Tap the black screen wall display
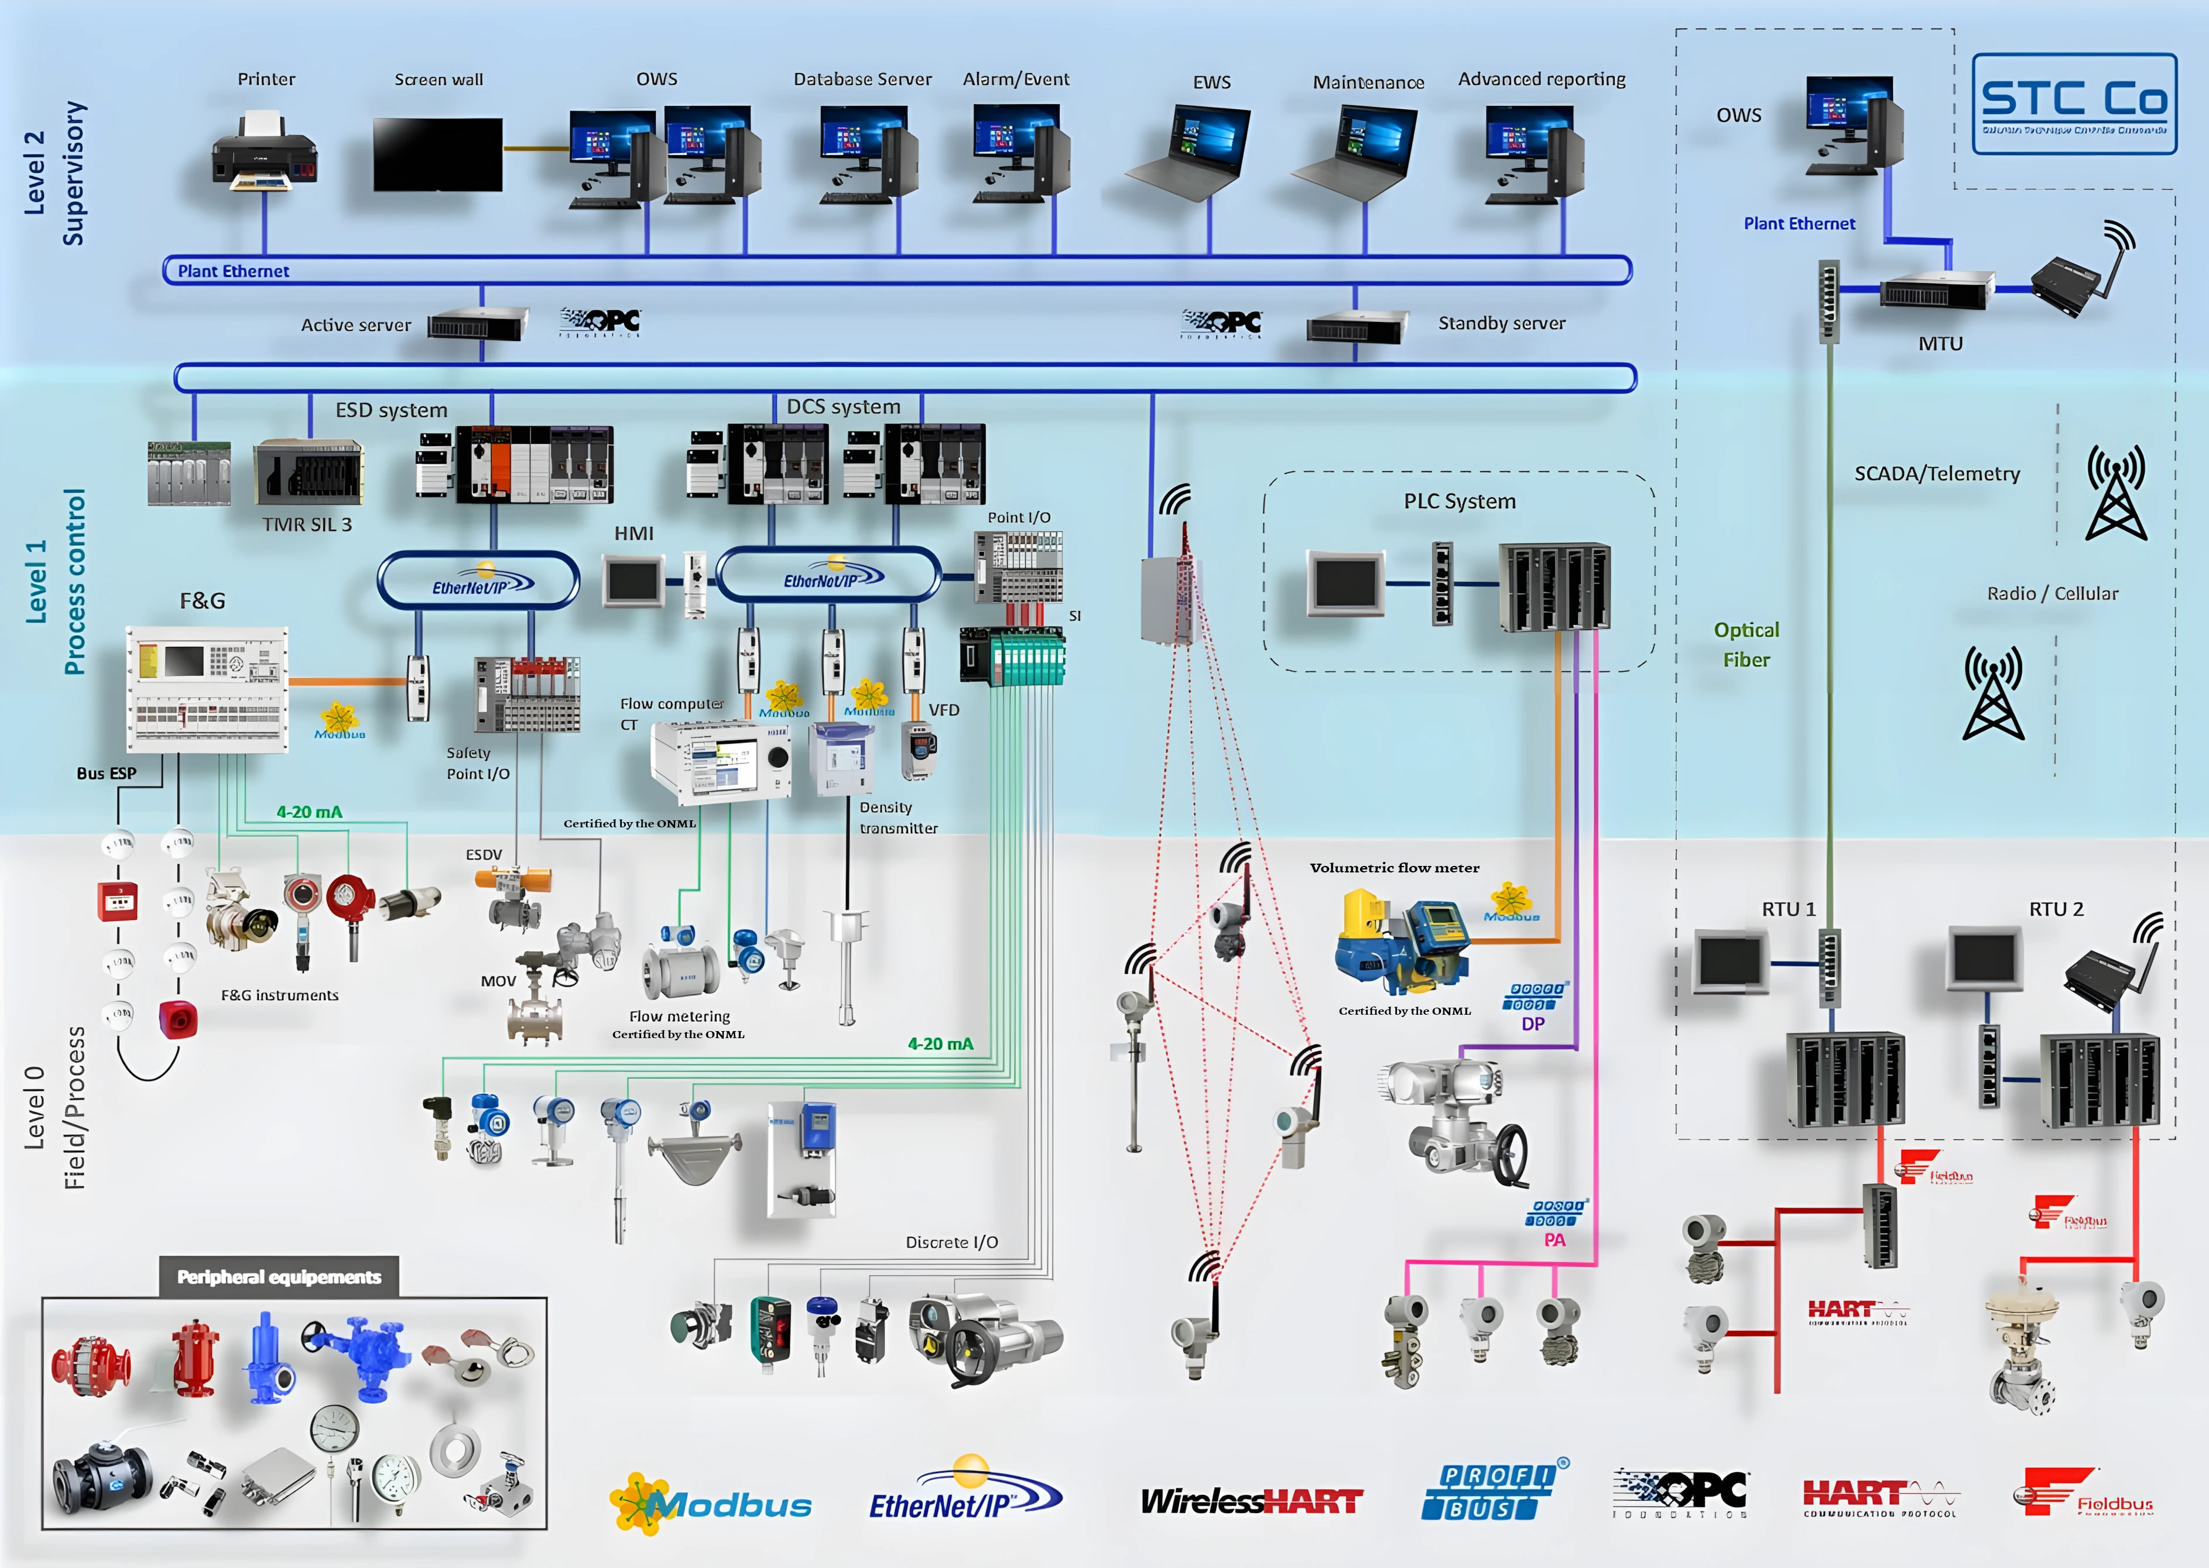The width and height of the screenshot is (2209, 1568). coord(437,155)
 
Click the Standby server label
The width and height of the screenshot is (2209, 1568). coord(1501,323)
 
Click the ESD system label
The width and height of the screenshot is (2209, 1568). coord(391,410)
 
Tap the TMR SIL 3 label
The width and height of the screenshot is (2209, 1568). coord(307,524)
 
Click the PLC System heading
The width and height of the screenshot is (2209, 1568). coord(1459,501)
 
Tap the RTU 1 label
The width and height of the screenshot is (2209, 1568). coord(1788,909)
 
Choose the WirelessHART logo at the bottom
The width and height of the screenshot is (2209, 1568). coord(1251,1501)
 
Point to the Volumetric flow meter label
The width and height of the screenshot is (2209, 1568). coord(1394,868)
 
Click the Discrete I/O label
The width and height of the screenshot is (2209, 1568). coord(951,1242)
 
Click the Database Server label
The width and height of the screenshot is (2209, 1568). coord(862,79)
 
